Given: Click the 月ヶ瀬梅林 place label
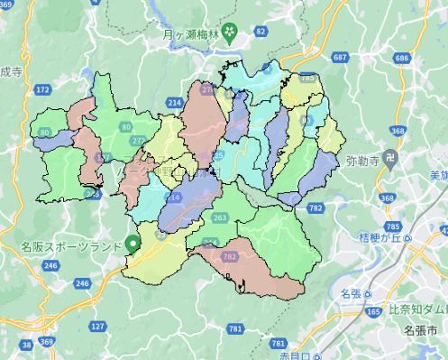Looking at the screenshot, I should [x=192, y=35].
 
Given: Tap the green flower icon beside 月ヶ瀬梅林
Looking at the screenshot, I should [x=230, y=35].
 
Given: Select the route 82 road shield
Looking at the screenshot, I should [x=261, y=32].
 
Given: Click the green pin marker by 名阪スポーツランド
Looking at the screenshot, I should [x=133, y=242].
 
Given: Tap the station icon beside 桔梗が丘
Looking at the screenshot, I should [x=408, y=238].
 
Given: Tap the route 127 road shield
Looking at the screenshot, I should [x=98, y=326].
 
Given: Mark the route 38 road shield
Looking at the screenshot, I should [x=27, y=344].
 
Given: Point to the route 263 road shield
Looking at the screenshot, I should [x=219, y=217].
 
